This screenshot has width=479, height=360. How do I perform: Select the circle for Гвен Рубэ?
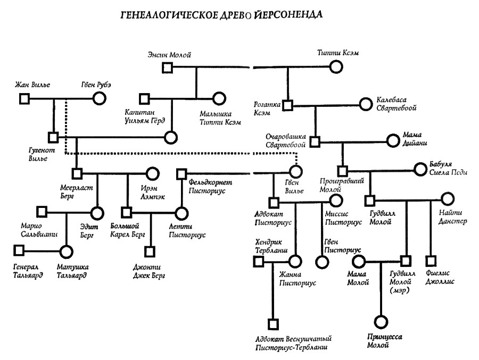coord(98,98)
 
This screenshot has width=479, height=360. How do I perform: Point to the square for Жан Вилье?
coord(24,98)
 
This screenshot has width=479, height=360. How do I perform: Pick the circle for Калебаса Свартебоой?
coord(365,104)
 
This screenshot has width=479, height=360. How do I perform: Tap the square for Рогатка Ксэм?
coord(287,105)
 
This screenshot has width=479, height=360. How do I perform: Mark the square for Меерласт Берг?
coord(77,173)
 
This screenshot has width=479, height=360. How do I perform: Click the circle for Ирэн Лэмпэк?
coord(152,173)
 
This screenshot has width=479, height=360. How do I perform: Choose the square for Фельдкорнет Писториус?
coord(182,173)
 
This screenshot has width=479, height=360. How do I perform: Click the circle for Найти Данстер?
coord(446,200)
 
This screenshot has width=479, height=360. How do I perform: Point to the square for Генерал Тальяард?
coord(20,250)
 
